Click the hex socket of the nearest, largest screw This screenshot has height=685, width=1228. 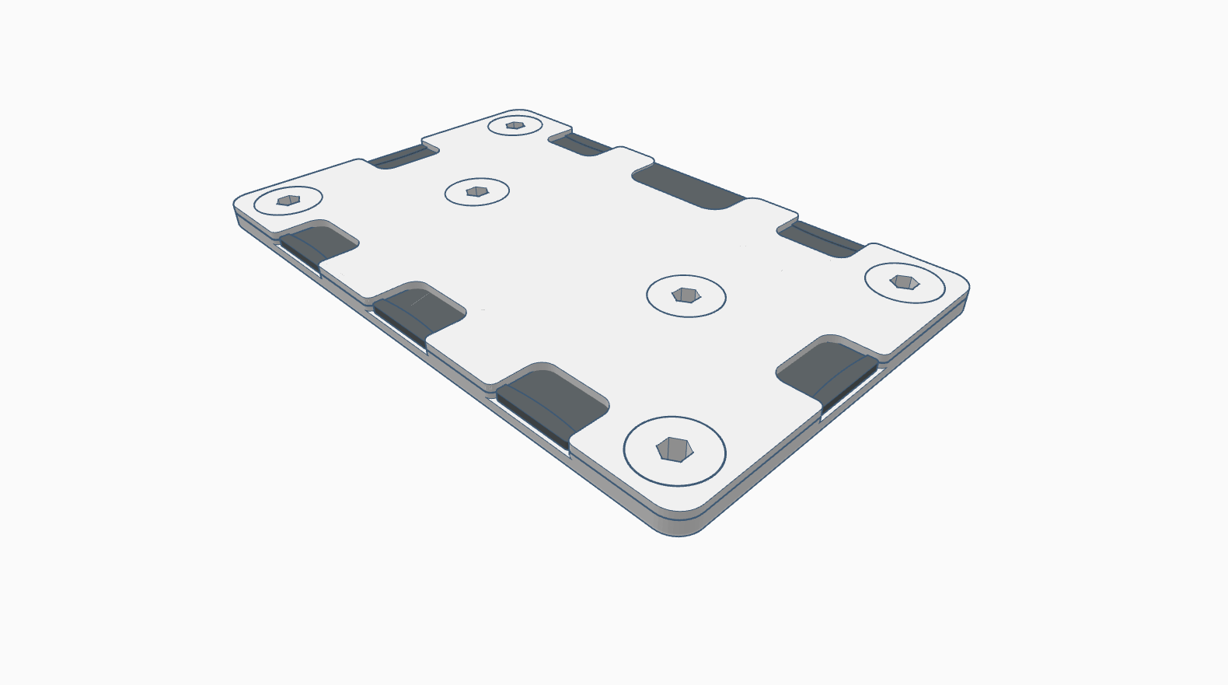coord(673,449)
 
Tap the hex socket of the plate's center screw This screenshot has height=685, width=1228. coord(685,295)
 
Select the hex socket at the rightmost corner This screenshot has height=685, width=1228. coord(903,281)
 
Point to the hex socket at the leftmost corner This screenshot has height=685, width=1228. coord(288,200)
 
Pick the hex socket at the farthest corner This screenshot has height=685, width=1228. coord(515,124)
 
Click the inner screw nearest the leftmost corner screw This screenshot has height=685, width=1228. coord(476,190)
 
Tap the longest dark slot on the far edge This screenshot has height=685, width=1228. coord(688,186)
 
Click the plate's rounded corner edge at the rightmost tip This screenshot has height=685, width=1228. coord(966,292)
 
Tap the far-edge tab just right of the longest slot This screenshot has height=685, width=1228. coord(769,210)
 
